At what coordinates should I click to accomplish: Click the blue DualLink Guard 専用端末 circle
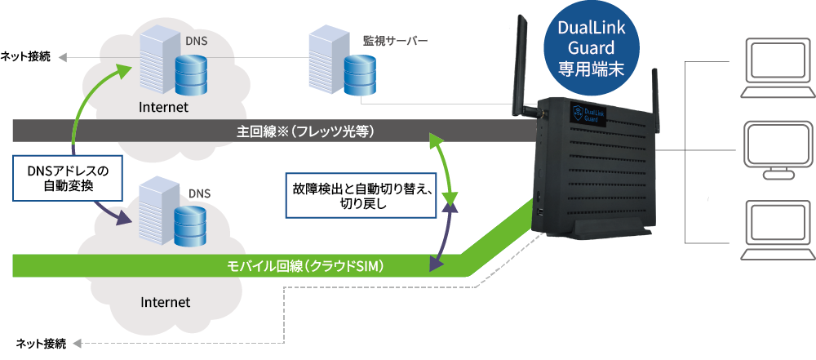591,49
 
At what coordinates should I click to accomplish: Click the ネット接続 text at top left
24,56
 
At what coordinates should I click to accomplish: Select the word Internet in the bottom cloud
166,302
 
